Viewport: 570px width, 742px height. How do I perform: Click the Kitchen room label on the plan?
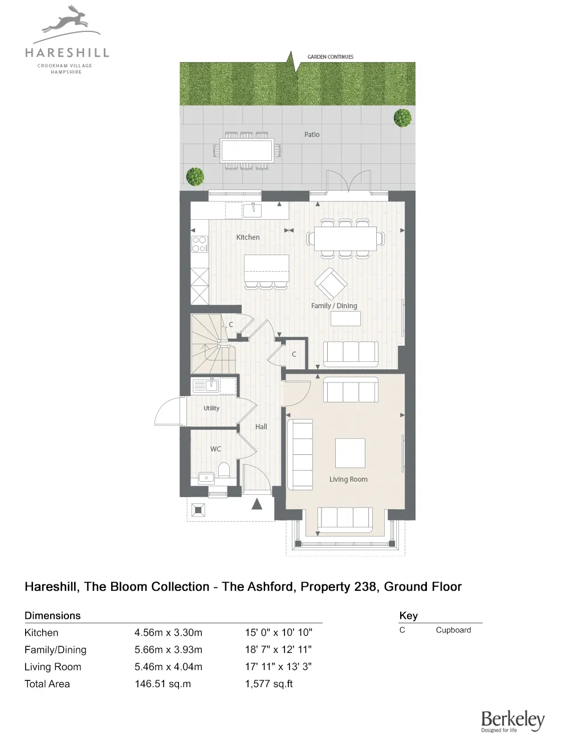(x=248, y=237)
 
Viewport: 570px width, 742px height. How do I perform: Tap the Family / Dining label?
(x=334, y=306)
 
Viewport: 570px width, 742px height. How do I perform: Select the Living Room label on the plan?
(x=348, y=479)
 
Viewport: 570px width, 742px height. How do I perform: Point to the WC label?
(x=215, y=449)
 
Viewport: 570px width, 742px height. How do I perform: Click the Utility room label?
(x=211, y=408)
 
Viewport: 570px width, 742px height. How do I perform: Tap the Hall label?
(x=261, y=427)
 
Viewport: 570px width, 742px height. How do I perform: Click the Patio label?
(x=312, y=135)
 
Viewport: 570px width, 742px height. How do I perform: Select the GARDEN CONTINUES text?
(x=331, y=57)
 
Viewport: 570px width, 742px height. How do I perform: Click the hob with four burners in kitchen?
(x=199, y=244)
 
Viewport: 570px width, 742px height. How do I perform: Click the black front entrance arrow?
(x=257, y=503)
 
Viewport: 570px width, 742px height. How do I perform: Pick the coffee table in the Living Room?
(x=350, y=453)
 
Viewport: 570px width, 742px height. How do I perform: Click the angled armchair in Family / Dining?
(x=331, y=283)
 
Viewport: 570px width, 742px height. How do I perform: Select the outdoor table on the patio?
(x=247, y=151)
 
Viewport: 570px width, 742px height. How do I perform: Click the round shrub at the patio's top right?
(x=402, y=118)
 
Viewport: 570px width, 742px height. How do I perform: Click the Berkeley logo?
(x=512, y=721)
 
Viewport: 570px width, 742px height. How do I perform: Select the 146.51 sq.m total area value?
(x=162, y=684)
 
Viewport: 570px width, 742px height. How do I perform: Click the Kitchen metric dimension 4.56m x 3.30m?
(x=168, y=632)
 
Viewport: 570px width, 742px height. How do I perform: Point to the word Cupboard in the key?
(x=453, y=630)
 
